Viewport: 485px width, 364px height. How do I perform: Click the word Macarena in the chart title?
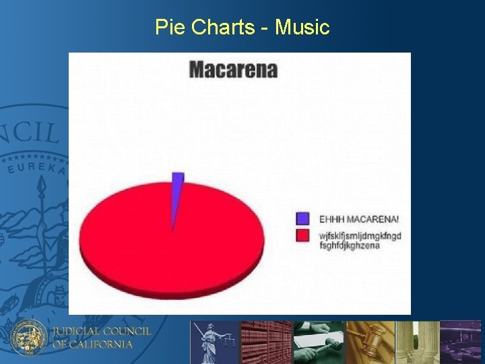tap(233, 69)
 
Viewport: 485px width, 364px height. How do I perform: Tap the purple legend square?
tap(303, 218)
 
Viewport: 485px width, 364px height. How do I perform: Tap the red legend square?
tap(303, 235)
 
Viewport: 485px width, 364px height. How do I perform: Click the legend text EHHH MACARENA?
tap(358, 219)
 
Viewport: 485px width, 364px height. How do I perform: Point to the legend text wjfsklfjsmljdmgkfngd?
tap(360, 236)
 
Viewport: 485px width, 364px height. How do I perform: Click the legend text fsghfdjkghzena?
tap(349, 245)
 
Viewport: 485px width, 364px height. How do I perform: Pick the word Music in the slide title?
tap(302, 28)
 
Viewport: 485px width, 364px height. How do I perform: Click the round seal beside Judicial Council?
tap(30, 337)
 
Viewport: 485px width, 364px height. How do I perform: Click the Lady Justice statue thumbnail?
tap(214, 342)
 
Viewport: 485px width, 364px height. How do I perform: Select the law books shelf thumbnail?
tap(266, 342)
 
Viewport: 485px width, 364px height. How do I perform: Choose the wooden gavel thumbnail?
tap(370, 342)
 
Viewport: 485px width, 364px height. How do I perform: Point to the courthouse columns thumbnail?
tap(418, 342)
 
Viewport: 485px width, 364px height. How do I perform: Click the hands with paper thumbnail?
tap(319, 342)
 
